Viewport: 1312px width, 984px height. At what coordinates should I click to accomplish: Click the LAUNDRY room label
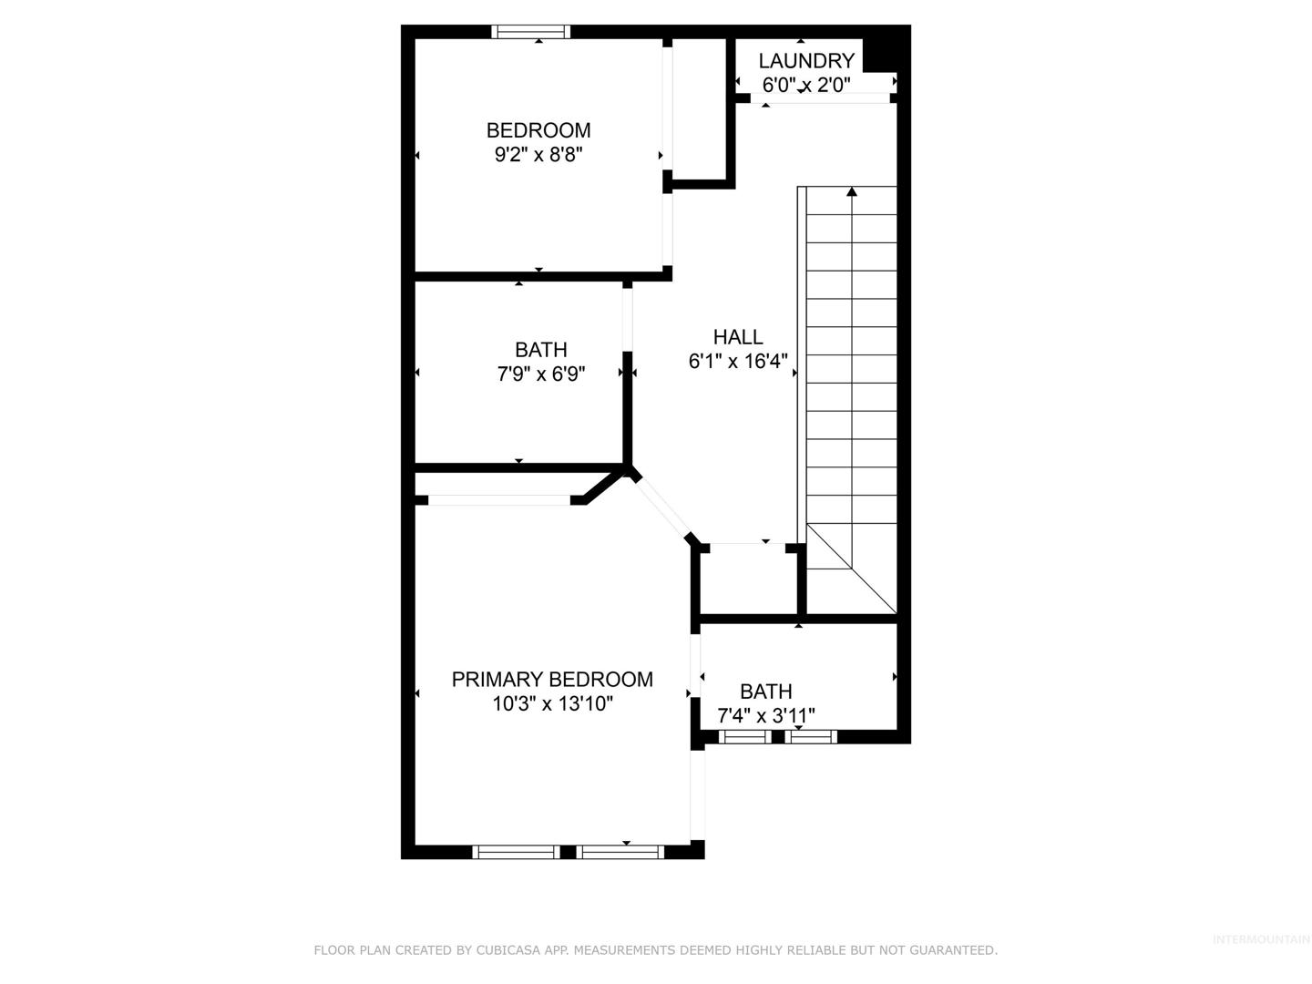[x=805, y=61]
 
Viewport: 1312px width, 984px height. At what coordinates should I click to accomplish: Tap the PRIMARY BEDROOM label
[x=552, y=680]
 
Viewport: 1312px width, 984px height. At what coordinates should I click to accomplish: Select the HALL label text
[x=738, y=337]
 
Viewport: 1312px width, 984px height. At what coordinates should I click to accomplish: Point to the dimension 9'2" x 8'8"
[x=538, y=155]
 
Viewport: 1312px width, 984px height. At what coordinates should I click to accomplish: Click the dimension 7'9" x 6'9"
[x=541, y=374]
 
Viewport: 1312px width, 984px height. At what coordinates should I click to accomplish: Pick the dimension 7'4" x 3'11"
[x=765, y=715]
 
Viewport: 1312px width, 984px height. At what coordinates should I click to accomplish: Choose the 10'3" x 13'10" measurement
[x=552, y=703]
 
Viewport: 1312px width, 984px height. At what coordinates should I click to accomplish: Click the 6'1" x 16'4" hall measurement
[x=738, y=362]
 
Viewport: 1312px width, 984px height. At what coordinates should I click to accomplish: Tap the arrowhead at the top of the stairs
[x=852, y=191]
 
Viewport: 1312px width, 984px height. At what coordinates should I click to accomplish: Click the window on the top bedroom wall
[x=531, y=32]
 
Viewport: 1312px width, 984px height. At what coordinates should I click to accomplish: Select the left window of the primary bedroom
[x=516, y=852]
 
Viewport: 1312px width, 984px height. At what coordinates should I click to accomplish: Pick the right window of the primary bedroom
[x=620, y=852]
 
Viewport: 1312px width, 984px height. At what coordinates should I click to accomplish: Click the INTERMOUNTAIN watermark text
[x=1261, y=939]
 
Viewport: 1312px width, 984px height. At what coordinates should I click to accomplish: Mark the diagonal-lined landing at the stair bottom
[x=852, y=569]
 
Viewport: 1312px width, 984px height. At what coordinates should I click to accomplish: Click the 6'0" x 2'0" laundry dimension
[x=805, y=86]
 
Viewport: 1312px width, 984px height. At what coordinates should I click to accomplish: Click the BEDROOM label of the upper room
[x=538, y=130]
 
